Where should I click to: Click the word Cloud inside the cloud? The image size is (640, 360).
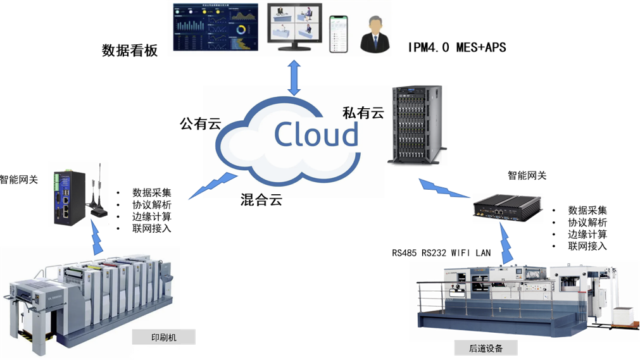(316, 134)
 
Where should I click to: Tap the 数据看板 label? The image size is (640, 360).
(130, 51)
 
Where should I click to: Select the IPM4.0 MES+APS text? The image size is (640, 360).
(457, 47)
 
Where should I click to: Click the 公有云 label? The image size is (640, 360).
(200, 123)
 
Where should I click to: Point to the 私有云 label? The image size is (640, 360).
(363, 113)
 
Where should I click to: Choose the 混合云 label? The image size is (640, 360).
(261, 201)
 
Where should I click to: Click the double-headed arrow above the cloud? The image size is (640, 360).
(294, 78)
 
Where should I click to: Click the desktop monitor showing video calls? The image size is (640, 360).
(294, 27)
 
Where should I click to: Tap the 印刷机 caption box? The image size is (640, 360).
(163, 337)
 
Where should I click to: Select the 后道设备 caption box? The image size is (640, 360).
(486, 348)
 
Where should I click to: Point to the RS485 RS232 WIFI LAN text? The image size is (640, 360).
(441, 253)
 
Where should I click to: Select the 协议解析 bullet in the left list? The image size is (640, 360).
(151, 204)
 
